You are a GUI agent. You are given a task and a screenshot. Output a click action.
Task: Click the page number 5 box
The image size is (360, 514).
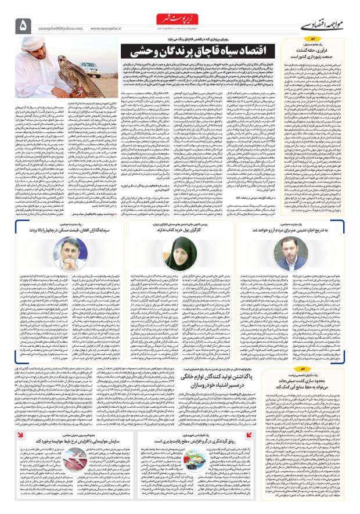[23, 26]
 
